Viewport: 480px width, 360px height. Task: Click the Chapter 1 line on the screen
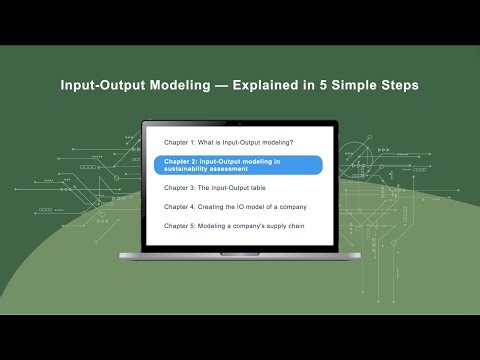point(229,142)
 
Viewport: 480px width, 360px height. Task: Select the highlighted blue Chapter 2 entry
point(239,165)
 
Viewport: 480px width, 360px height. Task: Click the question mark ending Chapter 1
point(291,142)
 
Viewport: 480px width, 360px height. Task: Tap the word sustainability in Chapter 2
point(191,170)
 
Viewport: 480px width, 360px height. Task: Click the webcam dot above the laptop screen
point(240,124)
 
